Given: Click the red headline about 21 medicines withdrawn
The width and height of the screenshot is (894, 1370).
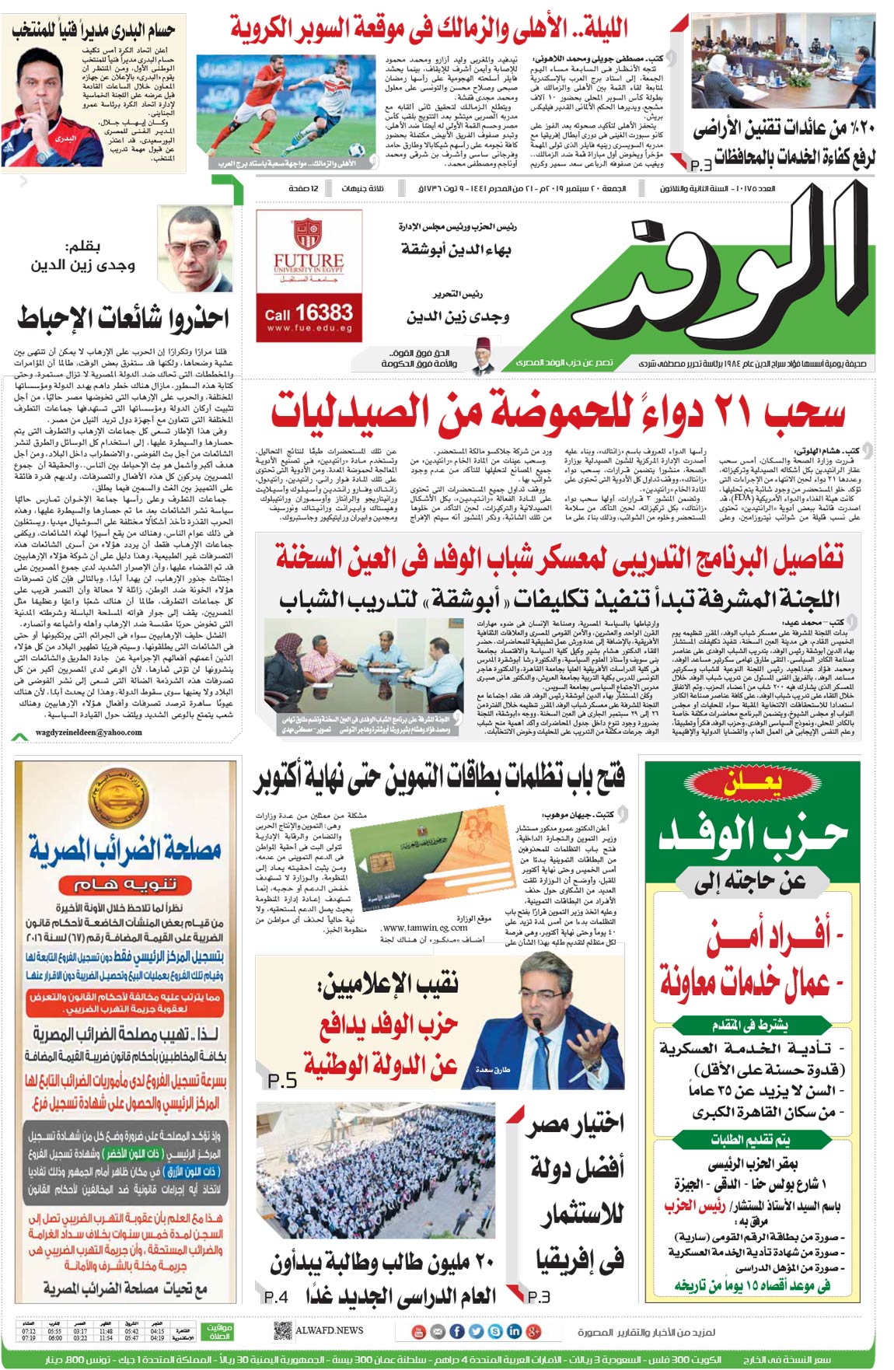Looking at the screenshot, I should click(x=557, y=412).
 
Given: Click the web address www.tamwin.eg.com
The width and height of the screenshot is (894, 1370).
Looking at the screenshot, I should click(x=424, y=927).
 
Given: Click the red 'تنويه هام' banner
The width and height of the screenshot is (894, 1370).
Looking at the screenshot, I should click(x=125, y=884).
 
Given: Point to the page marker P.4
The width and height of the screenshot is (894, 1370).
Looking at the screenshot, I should click(x=276, y=1296).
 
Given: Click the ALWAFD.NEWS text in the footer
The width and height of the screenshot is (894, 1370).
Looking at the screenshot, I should click(x=329, y=1330).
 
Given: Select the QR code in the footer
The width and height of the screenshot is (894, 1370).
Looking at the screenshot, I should click(x=283, y=1330).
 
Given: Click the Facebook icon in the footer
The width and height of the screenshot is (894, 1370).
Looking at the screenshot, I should click(x=457, y=1331).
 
